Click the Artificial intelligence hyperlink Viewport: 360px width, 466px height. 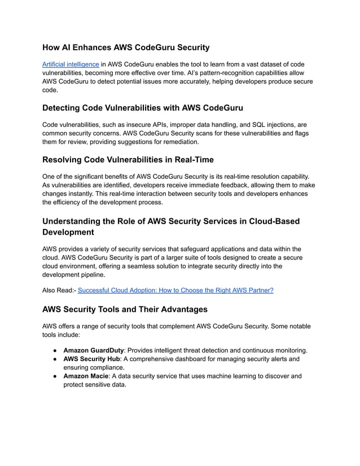[x=71, y=65]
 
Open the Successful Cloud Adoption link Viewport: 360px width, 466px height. [x=175, y=290]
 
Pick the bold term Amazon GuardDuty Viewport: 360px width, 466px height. [x=93, y=350]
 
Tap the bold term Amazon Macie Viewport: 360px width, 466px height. [x=87, y=376]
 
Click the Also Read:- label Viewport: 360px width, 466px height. [x=59, y=290]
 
